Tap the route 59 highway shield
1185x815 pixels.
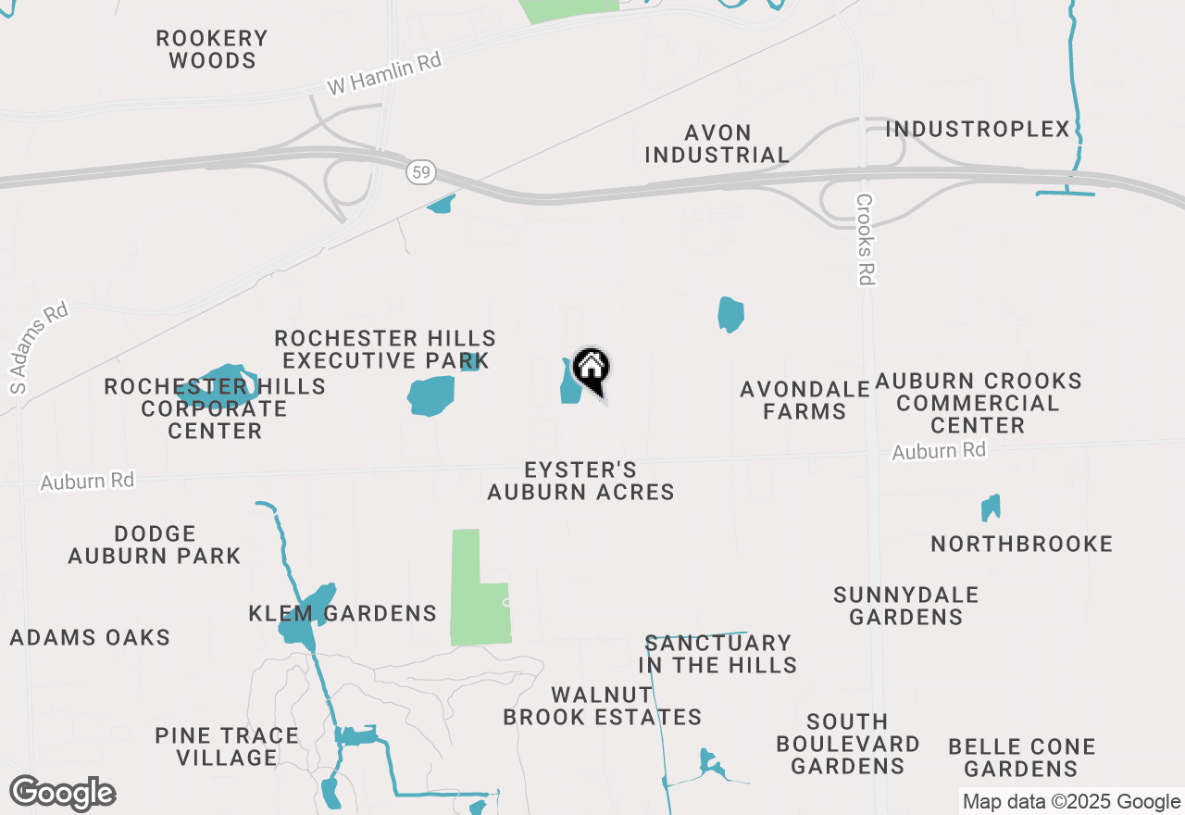click(x=419, y=172)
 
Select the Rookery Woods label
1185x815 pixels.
click(x=212, y=50)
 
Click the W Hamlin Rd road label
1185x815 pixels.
click(x=384, y=73)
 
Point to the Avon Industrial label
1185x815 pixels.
click(x=717, y=144)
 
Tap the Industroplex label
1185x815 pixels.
click(x=978, y=129)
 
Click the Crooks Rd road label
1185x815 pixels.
click(x=866, y=239)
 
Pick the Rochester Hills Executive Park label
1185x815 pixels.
click(x=385, y=349)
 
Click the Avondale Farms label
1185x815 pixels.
click(x=805, y=400)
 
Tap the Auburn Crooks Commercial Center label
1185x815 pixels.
click(x=978, y=403)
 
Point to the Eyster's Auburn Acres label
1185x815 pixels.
click(x=580, y=481)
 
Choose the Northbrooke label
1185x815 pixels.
click(x=1022, y=544)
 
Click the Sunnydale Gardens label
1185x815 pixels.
click(x=905, y=606)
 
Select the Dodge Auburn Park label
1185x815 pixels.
click(x=155, y=545)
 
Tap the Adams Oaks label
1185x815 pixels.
click(x=90, y=637)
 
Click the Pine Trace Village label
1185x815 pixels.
click(x=227, y=746)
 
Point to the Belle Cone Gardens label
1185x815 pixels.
click(x=1022, y=758)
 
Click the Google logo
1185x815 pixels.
click(x=62, y=794)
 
